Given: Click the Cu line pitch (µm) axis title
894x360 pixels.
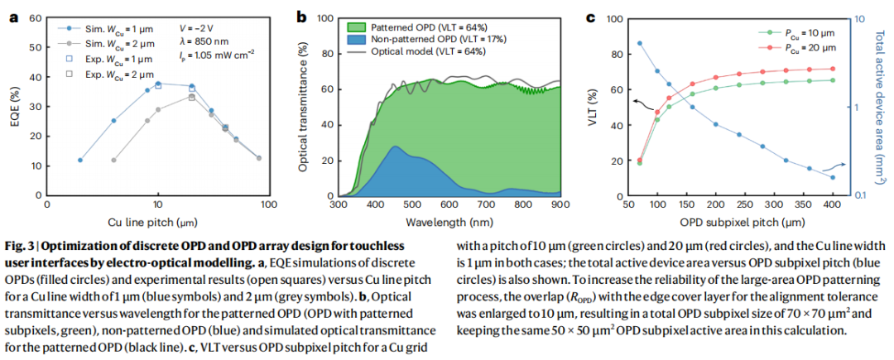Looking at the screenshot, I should tap(157, 223).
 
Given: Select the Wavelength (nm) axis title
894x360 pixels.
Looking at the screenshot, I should tap(449, 223).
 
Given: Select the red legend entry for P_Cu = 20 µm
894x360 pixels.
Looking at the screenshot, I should tap(795, 47).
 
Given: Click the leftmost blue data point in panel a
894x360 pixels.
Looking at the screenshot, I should tap(80, 160).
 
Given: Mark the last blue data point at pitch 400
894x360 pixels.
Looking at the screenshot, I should tap(832, 177).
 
